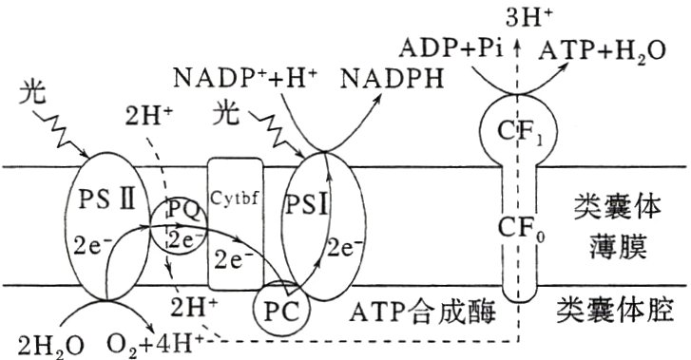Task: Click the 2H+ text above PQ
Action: coord(148,118)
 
